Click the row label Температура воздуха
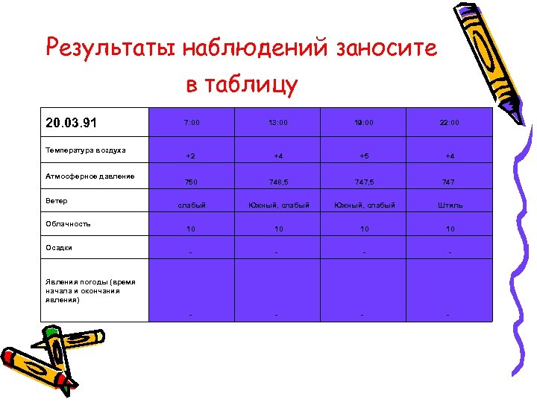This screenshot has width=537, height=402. pos(85,150)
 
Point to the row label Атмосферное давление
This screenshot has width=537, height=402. pos(89,176)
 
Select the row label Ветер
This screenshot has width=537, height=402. pos(56,201)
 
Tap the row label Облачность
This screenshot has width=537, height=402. pos(68,223)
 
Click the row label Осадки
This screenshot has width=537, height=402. pos(59,248)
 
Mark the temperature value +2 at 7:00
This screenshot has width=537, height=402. pos(191,156)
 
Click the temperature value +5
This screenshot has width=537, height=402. pos(363,156)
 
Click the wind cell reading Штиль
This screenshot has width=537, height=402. pos(449,205)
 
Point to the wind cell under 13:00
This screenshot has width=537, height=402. pos(277,205)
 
